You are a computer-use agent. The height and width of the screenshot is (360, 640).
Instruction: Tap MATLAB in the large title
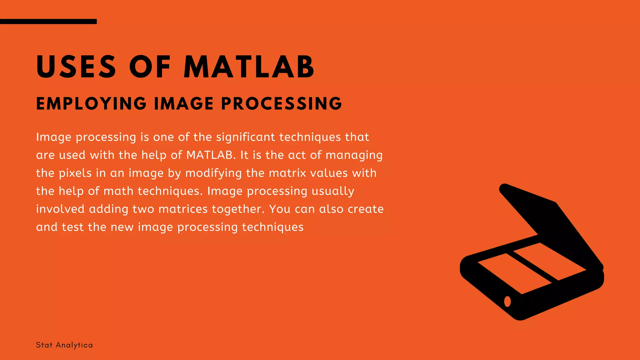tap(249, 67)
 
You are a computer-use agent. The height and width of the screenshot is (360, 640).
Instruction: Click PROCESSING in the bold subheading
tap(282, 103)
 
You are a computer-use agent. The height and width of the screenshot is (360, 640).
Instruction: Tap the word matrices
tap(183, 209)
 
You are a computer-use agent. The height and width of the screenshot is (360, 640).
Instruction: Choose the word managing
tap(354, 155)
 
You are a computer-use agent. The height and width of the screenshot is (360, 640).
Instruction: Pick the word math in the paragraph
tap(118, 191)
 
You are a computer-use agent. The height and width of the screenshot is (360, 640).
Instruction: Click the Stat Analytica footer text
tap(64, 345)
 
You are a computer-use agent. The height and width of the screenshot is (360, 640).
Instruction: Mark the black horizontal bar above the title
tap(48, 22)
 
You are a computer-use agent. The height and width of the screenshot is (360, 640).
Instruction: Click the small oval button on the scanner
tap(507, 301)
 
